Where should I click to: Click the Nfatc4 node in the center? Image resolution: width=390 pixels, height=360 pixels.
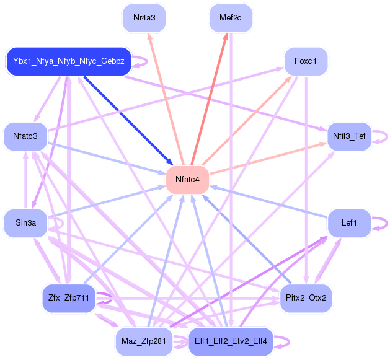point(187,180)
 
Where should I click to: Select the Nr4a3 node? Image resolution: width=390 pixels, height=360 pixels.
point(144,17)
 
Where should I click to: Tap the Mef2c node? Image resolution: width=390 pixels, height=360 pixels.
point(230,17)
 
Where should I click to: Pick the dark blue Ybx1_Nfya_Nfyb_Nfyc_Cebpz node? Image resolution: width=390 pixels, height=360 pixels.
point(68,61)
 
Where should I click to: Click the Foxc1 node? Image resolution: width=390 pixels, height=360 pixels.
point(306,61)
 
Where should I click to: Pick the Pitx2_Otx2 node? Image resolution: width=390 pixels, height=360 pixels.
point(306,298)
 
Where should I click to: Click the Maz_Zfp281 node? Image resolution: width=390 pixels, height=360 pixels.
point(143,341)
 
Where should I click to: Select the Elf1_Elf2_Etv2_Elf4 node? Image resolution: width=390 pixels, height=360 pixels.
point(231,341)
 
